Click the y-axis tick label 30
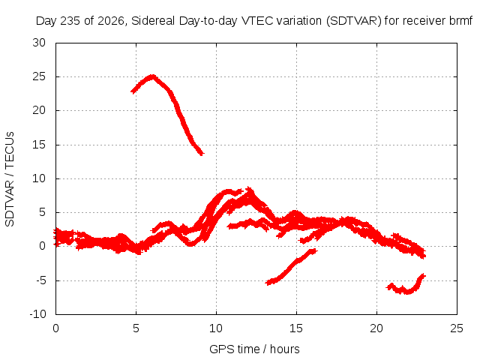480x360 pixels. click(x=39, y=43)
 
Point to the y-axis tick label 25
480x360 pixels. click(x=39, y=76)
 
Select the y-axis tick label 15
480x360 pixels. click(x=39, y=145)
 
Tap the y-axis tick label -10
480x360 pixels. click(x=38, y=314)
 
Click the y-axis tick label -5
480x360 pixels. click(x=40, y=280)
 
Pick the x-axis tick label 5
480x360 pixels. click(x=136, y=328)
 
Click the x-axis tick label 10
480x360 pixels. click(x=216, y=328)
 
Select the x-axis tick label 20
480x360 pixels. click(x=376, y=328)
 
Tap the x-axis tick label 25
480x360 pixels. click(x=457, y=328)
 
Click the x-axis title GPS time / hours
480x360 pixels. click(x=254, y=349)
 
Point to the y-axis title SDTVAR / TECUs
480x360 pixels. click(x=10, y=179)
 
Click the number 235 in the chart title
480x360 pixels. click(x=70, y=21)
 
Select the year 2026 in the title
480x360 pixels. click(x=111, y=21)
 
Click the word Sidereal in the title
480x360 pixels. click(x=153, y=21)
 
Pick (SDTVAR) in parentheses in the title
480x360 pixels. click(x=353, y=21)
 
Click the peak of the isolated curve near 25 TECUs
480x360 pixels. click(x=152, y=76)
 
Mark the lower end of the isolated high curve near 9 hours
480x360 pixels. click(x=202, y=153)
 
